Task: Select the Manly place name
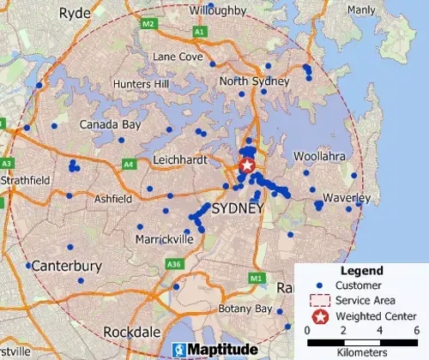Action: (x=361, y=9)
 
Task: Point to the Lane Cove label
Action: (x=178, y=57)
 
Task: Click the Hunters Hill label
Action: (x=142, y=85)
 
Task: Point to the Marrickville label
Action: (x=165, y=239)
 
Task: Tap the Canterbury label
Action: (x=63, y=266)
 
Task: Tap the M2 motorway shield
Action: (x=148, y=23)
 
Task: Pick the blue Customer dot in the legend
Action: (x=321, y=285)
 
